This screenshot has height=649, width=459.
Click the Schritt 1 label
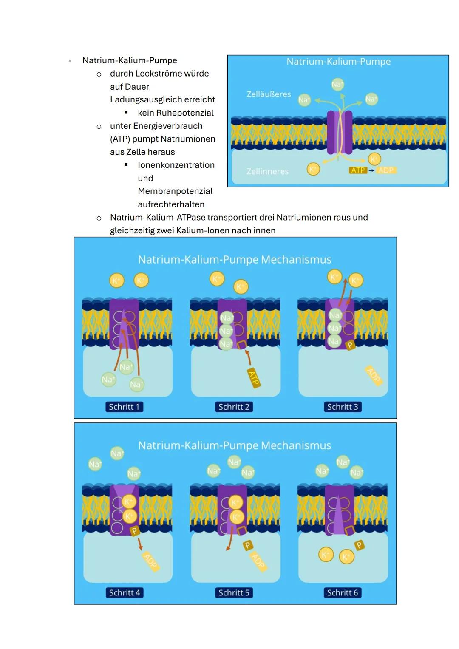pyautogui.click(x=124, y=407)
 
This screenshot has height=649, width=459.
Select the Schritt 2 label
pyautogui.click(x=233, y=407)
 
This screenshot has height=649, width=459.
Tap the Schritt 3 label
pyautogui.click(x=343, y=407)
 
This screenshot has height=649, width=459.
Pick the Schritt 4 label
pyautogui.click(x=124, y=592)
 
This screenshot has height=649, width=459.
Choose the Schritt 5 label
pyautogui.click(x=233, y=592)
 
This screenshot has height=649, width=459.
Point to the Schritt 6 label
pyautogui.click(x=343, y=592)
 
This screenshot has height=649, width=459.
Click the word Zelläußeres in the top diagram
pyautogui.click(x=269, y=94)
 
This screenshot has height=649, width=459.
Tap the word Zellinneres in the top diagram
pyautogui.click(x=267, y=171)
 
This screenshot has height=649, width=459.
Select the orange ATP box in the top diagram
pyautogui.click(x=358, y=170)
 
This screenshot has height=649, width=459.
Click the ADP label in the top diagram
pyautogui.click(x=386, y=170)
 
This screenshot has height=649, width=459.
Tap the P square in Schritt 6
pyautogui.click(x=359, y=545)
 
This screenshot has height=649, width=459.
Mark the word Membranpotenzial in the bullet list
pyautogui.click(x=175, y=191)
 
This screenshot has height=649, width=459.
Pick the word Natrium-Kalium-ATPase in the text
pyautogui.click(x=158, y=218)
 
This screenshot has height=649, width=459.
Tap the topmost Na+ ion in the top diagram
pyautogui.click(x=337, y=84)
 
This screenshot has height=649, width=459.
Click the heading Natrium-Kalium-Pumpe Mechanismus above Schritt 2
pyautogui.click(x=235, y=259)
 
